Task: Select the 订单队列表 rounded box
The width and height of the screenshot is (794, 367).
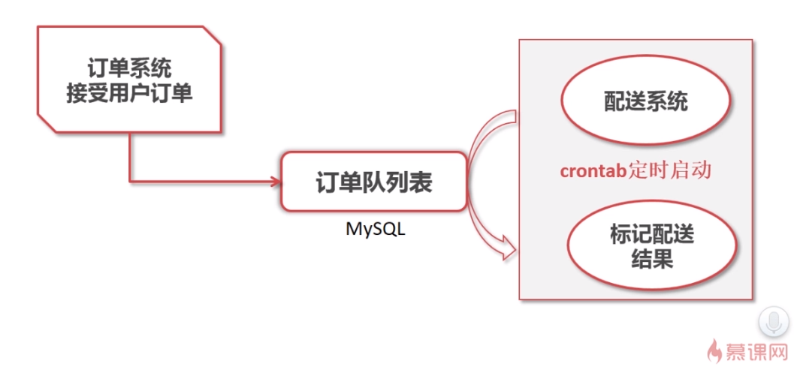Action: (x=373, y=181)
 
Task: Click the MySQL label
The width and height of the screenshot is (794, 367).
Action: (x=375, y=229)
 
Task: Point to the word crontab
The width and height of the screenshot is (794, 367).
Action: (x=593, y=171)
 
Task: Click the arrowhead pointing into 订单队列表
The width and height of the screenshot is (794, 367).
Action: (x=274, y=181)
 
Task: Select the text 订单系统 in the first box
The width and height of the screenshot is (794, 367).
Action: (x=129, y=68)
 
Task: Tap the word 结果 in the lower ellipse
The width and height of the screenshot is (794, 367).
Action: (x=651, y=260)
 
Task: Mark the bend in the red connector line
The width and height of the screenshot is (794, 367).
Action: (x=130, y=181)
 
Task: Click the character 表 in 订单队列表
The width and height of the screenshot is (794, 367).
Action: (x=422, y=182)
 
